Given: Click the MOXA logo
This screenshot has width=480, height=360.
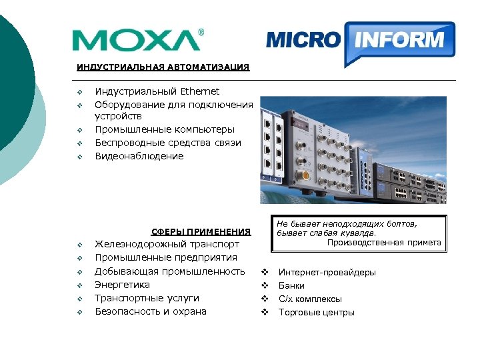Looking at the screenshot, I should [x=137, y=40].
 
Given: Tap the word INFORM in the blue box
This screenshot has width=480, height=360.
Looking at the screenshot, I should [x=399, y=39].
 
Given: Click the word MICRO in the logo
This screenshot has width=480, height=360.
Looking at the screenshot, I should [x=303, y=39].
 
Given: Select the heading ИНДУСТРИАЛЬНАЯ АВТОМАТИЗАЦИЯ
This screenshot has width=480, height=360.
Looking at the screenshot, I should [x=163, y=67].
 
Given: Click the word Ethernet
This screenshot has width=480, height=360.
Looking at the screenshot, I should [x=200, y=91].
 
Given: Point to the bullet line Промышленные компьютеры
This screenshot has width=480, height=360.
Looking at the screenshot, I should [x=165, y=130].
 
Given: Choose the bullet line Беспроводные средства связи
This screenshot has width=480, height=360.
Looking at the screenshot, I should [x=168, y=143].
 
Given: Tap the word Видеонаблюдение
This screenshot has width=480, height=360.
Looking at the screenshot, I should [x=139, y=156].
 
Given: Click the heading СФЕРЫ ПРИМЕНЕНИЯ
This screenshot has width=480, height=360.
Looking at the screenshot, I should [x=201, y=232].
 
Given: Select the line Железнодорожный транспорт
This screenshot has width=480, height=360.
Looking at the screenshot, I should [x=167, y=245].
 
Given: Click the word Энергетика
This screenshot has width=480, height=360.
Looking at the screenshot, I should [x=123, y=285].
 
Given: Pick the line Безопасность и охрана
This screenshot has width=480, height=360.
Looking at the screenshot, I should [x=151, y=311].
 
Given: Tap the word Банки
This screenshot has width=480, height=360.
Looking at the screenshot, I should [x=291, y=286].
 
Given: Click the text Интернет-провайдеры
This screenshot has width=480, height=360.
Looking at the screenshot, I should [x=327, y=273].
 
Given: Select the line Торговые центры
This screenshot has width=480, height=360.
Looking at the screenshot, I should [x=316, y=313].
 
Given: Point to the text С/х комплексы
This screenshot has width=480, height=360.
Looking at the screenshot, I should [x=310, y=299].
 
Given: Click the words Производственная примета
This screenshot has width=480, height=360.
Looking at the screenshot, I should [x=384, y=243].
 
